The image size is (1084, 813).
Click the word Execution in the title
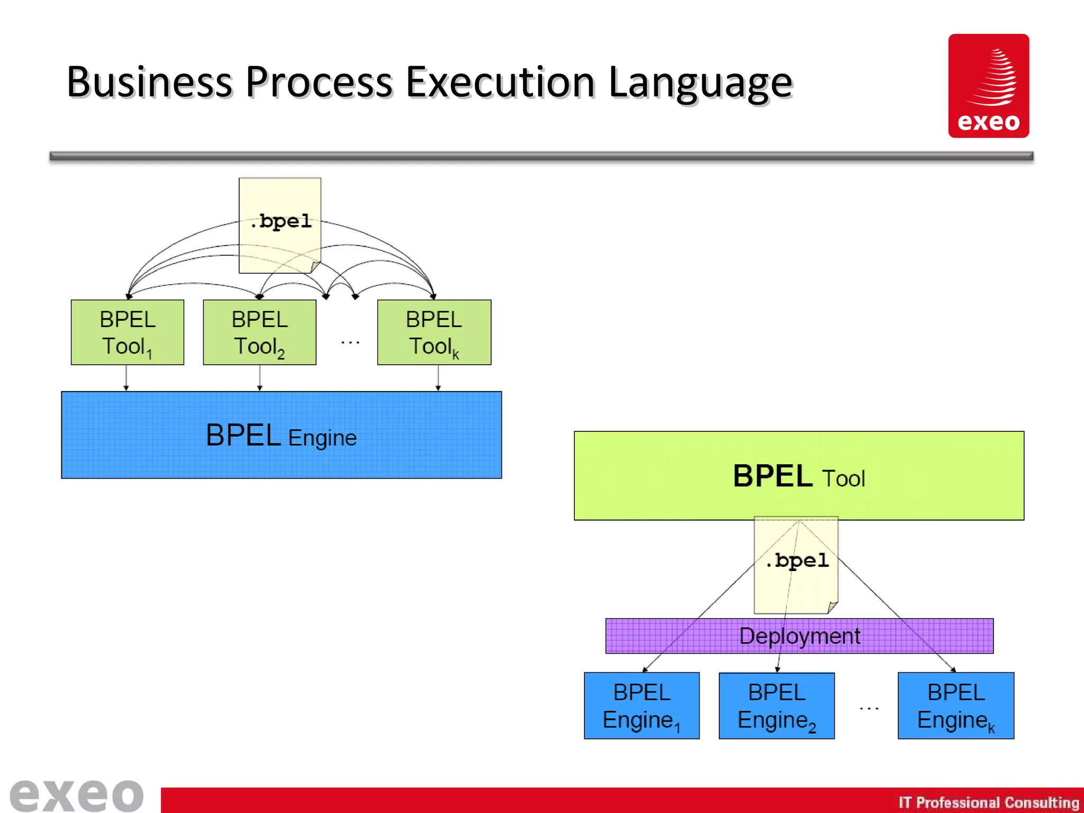(x=500, y=83)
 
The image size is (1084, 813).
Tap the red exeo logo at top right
(x=988, y=86)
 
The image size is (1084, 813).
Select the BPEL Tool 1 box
(x=128, y=332)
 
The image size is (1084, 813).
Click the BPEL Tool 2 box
(x=259, y=332)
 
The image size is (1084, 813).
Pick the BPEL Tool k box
(x=434, y=332)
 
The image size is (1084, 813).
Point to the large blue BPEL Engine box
(x=281, y=435)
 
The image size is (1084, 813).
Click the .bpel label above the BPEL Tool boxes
(x=281, y=221)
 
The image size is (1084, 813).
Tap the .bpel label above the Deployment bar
(x=797, y=561)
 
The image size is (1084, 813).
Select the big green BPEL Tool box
(x=799, y=475)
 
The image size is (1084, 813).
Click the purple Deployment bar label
(x=799, y=636)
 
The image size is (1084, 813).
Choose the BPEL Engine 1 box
(x=642, y=706)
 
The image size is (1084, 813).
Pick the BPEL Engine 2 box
(x=776, y=706)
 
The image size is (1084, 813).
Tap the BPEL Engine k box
(x=956, y=706)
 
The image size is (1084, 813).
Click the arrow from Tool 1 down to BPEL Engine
(x=126, y=378)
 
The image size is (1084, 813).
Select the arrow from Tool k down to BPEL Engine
(x=438, y=378)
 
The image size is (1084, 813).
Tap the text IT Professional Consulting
(x=988, y=802)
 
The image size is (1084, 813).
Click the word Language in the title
(x=700, y=83)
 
